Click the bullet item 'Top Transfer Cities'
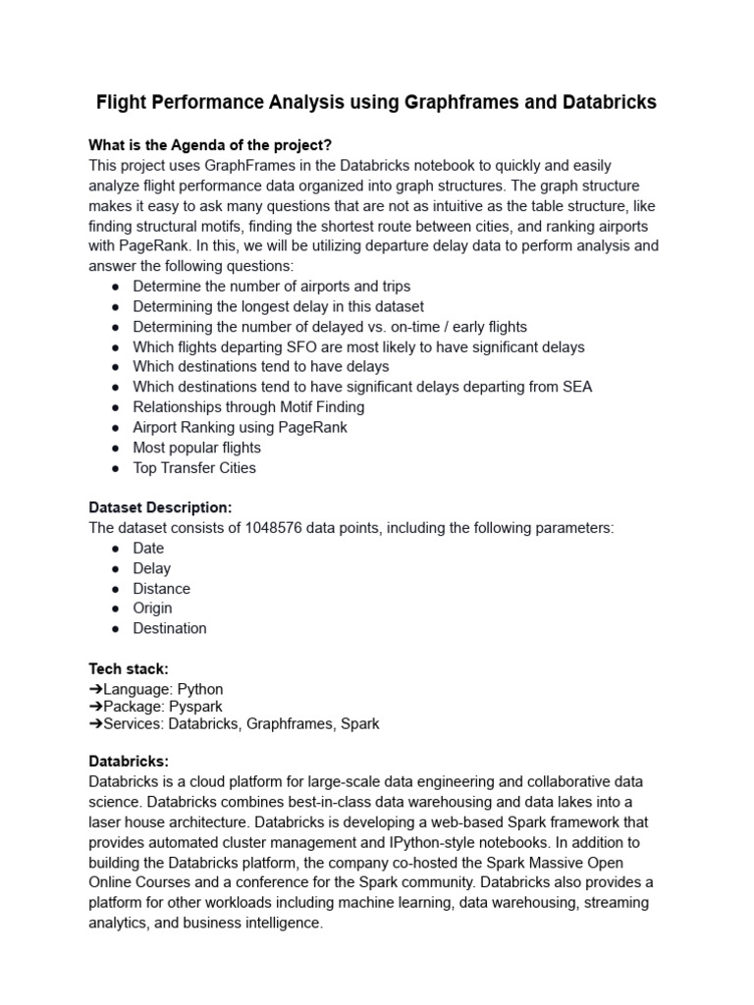tap(194, 468)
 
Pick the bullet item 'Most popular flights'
tap(196, 448)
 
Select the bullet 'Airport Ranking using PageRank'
tap(240, 427)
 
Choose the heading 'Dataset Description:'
tap(160, 507)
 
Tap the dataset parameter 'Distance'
tap(161, 589)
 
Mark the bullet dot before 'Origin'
tap(117, 608)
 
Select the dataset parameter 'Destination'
tap(170, 628)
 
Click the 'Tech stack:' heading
tap(129, 668)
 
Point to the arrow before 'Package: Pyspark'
tap(95, 707)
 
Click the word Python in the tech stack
tap(199, 689)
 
